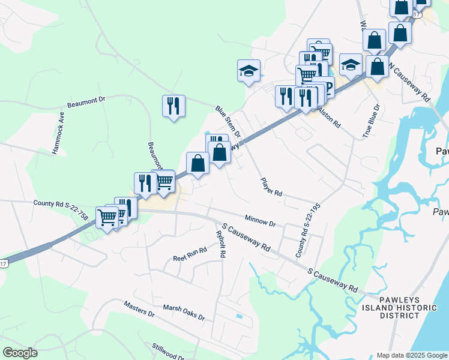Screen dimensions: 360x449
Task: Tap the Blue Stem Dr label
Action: (228, 121)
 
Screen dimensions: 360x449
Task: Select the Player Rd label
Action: (271, 187)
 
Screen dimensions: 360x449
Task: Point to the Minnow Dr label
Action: (260, 220)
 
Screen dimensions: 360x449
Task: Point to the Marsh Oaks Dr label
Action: (184, 311)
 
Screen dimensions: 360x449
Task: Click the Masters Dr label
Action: (139, 309)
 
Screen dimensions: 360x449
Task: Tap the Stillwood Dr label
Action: (167, 352)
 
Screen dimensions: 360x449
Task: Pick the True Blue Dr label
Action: (371, 122)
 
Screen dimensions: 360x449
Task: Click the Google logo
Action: (20, 353)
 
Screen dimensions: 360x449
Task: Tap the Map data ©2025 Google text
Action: (411, 355)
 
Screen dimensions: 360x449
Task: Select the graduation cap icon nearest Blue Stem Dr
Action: (249, 70)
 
